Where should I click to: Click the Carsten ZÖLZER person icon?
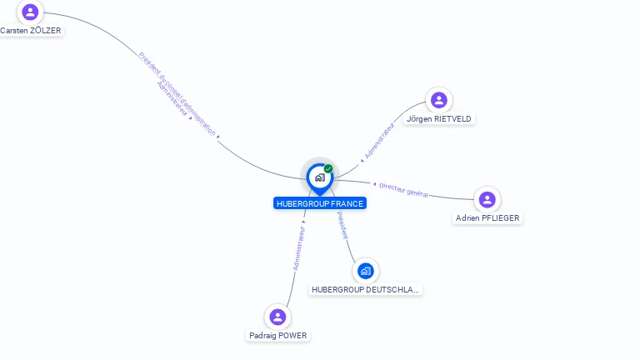coord(30,12)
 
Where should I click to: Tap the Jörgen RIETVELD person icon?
coord(439,100)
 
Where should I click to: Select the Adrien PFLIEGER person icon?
coord(487,200)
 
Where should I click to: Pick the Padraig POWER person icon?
coord(278,317)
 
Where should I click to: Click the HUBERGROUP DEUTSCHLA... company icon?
coord(365,271)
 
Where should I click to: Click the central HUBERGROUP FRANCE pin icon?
coord(319,177)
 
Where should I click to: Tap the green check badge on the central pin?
coord(328,168)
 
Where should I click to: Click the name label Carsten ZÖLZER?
coord(30,31)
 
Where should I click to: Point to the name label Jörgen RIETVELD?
coord(439,119)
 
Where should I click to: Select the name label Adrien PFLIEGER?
coord(487,218)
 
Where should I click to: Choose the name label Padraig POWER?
coord(278,336)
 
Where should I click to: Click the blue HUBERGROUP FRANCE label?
coord(320,203)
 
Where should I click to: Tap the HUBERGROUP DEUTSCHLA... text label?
coord(366,290)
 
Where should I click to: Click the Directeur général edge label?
coord(403,190)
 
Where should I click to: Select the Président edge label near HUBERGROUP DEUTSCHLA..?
coord(342,225)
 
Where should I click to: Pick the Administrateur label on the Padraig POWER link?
coord(299,247)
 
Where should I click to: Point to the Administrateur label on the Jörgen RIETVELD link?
coord(379,140)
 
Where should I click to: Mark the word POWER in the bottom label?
coord(292,336)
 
